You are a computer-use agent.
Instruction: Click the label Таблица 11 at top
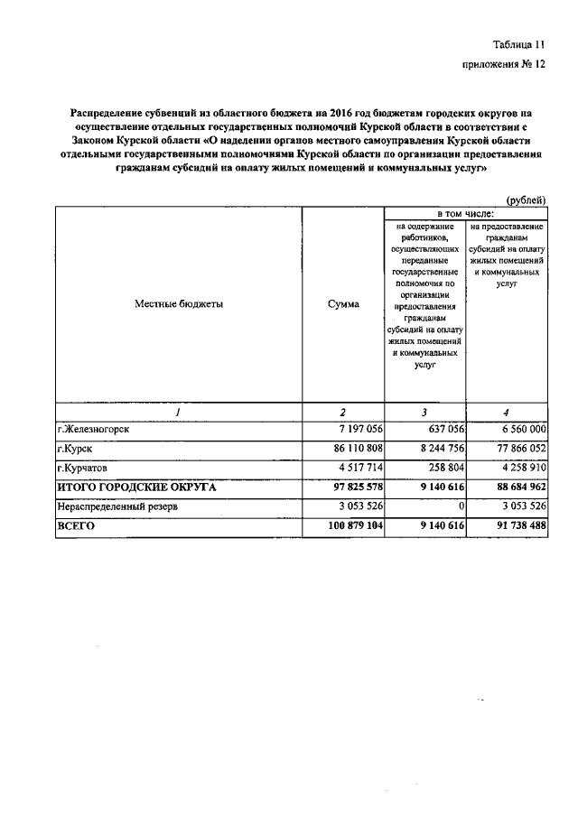pos(519,44)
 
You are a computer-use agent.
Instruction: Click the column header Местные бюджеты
pos(179,304)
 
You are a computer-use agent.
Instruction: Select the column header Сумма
pos(343,304)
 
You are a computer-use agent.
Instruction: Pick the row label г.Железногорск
pos(93,429)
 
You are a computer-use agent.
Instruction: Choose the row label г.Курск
pos(75,449)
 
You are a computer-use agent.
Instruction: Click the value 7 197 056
pos(359,429)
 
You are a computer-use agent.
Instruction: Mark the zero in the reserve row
pos(461,507)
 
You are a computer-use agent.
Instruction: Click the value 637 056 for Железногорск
pos(439,429)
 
